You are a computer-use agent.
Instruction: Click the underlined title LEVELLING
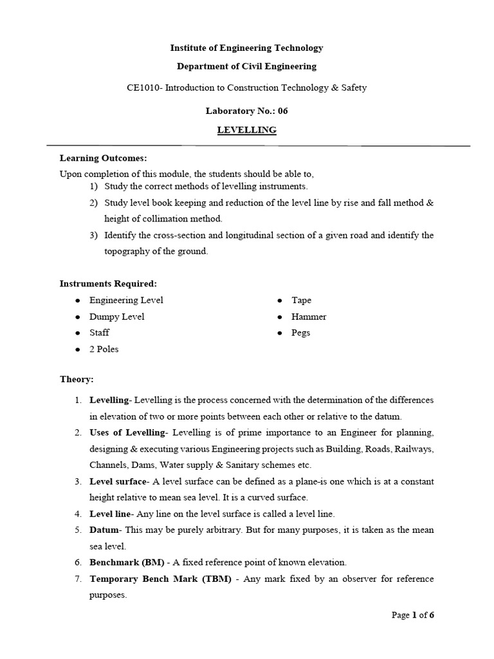(x=246, y=130)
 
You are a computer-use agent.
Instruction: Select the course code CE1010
(x=143, y=88)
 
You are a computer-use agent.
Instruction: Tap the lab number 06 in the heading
(x=282, y=111)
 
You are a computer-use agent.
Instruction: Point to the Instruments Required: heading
(x=108, y=283)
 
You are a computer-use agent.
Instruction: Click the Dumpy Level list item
(x=116, y=317)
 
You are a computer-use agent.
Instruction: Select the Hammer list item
(x=309, y=317)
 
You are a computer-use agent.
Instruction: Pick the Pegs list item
(x=300, y=333)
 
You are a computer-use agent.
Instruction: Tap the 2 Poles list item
(x=104, y=349)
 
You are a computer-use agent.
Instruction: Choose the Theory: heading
(x=77, y=380)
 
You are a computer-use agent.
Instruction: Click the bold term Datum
(x=104, y=530)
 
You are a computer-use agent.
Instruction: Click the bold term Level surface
(x=118, y=481)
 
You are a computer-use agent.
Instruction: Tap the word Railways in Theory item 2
(x=416, y=449)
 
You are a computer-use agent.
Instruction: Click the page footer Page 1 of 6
(x=413, y=615)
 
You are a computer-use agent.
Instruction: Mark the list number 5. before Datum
(x=77, y=530)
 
